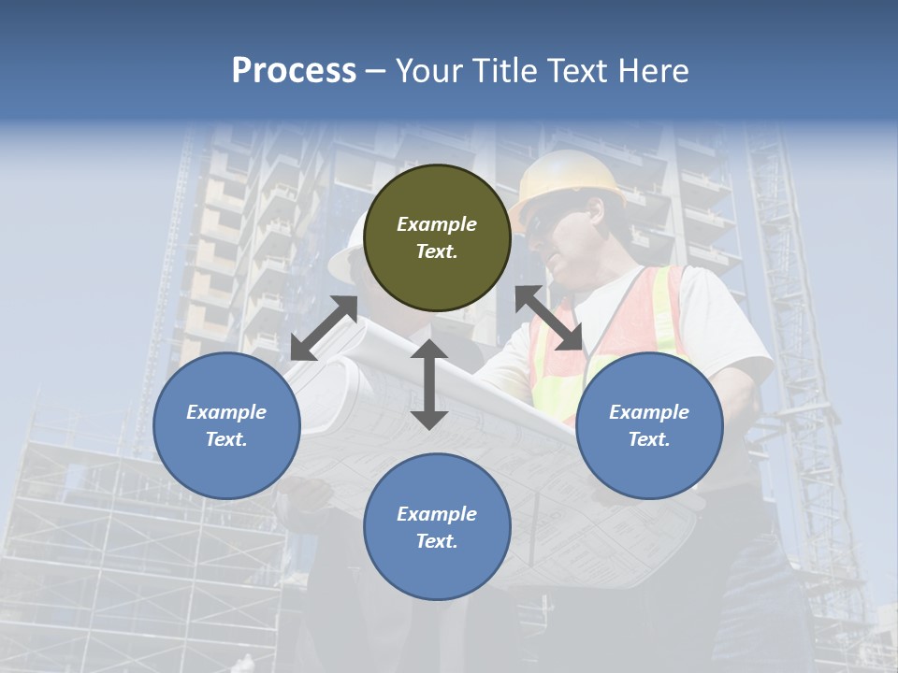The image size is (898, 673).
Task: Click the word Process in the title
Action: click(294, 71)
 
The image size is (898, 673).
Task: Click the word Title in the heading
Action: click(505, 71)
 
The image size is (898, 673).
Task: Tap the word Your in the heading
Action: click(430, 71)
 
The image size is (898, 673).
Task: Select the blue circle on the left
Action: click(226, 425)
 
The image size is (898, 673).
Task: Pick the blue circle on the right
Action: click(649, 425)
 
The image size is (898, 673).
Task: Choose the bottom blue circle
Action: click(437, 527)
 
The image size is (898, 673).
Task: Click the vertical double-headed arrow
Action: click(429, 384)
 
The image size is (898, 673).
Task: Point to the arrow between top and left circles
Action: click(324, 328)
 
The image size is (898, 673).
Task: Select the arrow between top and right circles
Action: click(549, 318)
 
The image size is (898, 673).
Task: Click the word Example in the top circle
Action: click(437, 224)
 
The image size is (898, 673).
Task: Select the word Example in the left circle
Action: click(226, 412)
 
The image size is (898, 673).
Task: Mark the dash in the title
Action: click(376, 72)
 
